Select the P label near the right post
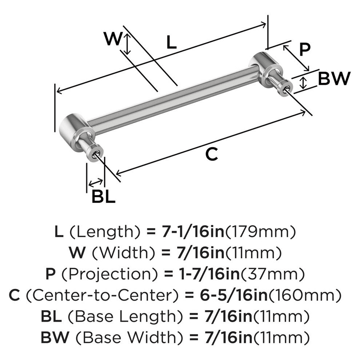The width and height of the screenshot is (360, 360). [x=305, y=49]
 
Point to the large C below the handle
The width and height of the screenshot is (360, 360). [x=211, y=154]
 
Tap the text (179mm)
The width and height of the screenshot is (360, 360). [x=261, y=231]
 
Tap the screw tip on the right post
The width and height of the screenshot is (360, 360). [x=287, y=89]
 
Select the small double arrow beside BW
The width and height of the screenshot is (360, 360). [x=303, y=83]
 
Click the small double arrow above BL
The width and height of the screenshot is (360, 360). [x=95, y=182]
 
